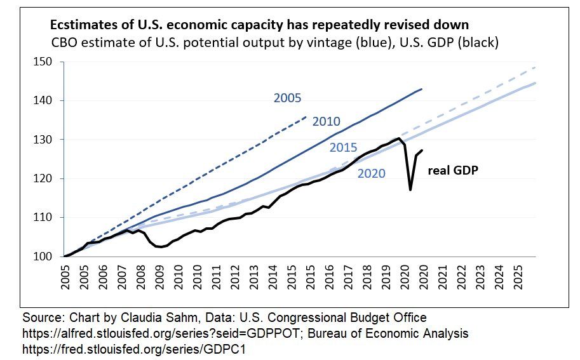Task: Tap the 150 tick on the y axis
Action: (48, 62)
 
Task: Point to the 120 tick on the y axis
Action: (48, 178)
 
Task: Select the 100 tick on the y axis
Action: (48, 257)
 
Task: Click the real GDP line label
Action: (452, 170)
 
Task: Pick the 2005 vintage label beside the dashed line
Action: (287, 98)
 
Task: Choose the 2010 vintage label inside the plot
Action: (327, 121)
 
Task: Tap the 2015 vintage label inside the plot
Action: (343, 147)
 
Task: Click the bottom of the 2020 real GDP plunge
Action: (410, 190)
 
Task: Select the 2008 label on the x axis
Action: (139, 274)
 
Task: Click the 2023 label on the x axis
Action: (483, 274)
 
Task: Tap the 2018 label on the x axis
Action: (367, 274)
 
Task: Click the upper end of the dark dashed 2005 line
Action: (306, 117)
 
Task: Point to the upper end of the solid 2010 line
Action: (422, 89)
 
